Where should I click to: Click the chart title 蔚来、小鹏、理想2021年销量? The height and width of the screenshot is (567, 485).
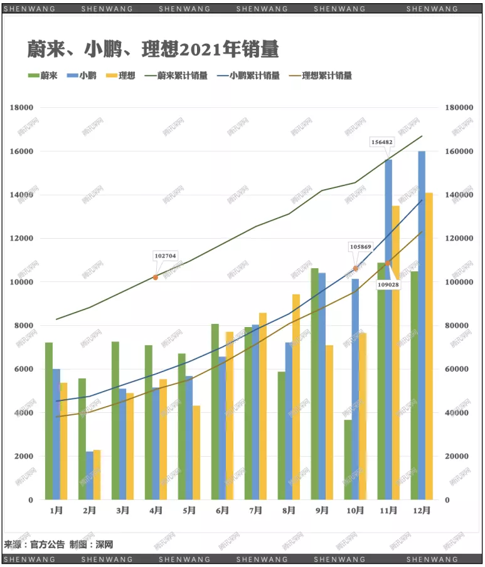[152, 49]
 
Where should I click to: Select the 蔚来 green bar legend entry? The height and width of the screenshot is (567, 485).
[43, 76]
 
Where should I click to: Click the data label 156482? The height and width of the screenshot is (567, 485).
[382, 142]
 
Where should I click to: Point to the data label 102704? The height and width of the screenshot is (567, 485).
[165, 256]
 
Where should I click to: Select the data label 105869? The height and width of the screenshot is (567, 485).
[361, 247]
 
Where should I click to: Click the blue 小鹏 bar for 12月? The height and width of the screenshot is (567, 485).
[422, 325]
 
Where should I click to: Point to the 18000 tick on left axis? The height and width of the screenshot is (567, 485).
[22, 108]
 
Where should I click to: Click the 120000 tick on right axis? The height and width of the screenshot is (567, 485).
[458, 239]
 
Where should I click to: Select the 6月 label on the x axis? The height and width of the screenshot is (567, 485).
[222, 511]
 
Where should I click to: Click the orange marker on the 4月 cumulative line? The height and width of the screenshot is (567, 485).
[156, 277]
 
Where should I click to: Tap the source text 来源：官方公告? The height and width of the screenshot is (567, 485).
[34, 544]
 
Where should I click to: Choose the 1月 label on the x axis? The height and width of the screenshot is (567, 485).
[56, 511]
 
